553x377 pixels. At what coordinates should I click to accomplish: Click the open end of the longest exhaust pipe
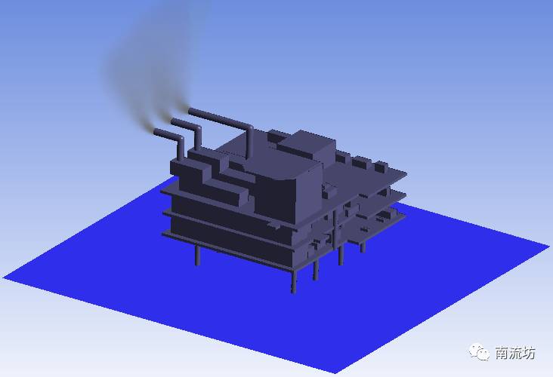click(x=191, y=112)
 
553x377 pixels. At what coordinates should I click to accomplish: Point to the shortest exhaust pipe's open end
click(x=156, y=132)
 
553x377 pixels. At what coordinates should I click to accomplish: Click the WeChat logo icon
click(x=479, y=351)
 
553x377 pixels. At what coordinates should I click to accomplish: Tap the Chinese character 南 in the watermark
click(x=502, y=353)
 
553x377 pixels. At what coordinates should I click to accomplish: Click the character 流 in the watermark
click(x=515, y=353)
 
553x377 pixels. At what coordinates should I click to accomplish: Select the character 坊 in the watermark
click(x=529, y=353)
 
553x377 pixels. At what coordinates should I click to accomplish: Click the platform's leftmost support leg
click(x=197, y=255)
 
